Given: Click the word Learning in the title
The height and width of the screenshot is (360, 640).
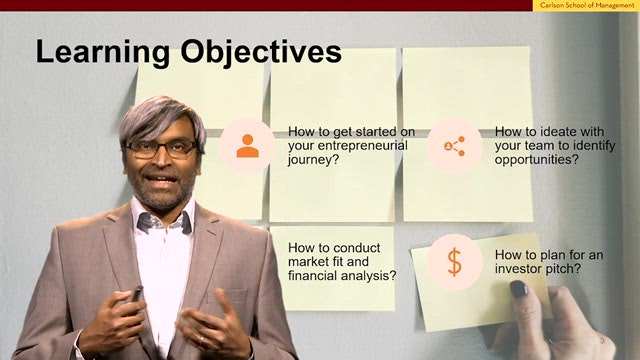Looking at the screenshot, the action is coord(102,52).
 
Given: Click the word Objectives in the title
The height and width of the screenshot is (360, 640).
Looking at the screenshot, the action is coord(261,52).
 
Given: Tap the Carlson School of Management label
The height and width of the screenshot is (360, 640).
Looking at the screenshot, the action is coord(587,5).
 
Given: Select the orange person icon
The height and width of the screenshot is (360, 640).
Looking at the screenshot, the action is coord(247,146).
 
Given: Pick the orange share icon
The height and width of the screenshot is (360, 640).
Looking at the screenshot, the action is coord(454,146).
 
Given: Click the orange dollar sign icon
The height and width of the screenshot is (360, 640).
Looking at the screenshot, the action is coord(454,262).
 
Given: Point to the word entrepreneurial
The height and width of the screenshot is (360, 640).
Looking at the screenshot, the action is coord(362,146).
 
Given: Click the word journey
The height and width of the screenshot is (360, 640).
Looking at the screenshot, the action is coord(309,160).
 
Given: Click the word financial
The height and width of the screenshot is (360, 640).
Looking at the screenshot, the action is coord(313,276).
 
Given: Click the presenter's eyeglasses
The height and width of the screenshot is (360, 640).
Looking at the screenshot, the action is coord(161,149).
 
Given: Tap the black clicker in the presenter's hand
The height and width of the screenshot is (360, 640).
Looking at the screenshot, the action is coord(136,293).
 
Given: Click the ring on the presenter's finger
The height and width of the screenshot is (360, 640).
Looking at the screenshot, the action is coord(202,339).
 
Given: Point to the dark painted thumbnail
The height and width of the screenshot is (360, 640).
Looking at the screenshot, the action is coord(519,289).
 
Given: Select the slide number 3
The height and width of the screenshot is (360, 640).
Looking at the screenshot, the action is coord(602,340).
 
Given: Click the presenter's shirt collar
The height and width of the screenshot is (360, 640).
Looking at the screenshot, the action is coord(164,218).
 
